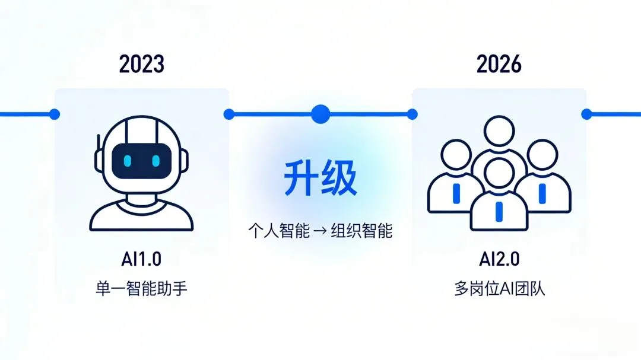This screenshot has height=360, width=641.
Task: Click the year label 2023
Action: point(141,64)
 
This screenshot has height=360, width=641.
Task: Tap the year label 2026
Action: point(499,64)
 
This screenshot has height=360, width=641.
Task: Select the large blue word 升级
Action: point(320,179)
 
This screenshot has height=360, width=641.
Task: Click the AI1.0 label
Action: point(141,259)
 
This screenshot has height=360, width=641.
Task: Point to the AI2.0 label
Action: point(499,259)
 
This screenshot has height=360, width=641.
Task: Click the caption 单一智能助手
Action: point(141,289)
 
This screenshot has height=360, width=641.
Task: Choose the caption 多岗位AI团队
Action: point(499,289)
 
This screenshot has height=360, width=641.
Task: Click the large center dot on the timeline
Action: point(320,113)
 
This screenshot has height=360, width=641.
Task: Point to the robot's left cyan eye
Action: point(127,161)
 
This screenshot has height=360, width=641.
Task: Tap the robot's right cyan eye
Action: point(156,161)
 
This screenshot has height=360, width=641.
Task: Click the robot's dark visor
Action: point(142,161)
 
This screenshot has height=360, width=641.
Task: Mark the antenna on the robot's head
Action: point(98,151)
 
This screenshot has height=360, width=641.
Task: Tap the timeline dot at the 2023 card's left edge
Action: point(55,114)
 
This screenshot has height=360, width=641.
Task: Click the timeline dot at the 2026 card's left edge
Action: point(412,114)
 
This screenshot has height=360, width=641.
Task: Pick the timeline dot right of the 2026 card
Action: point(586,114)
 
